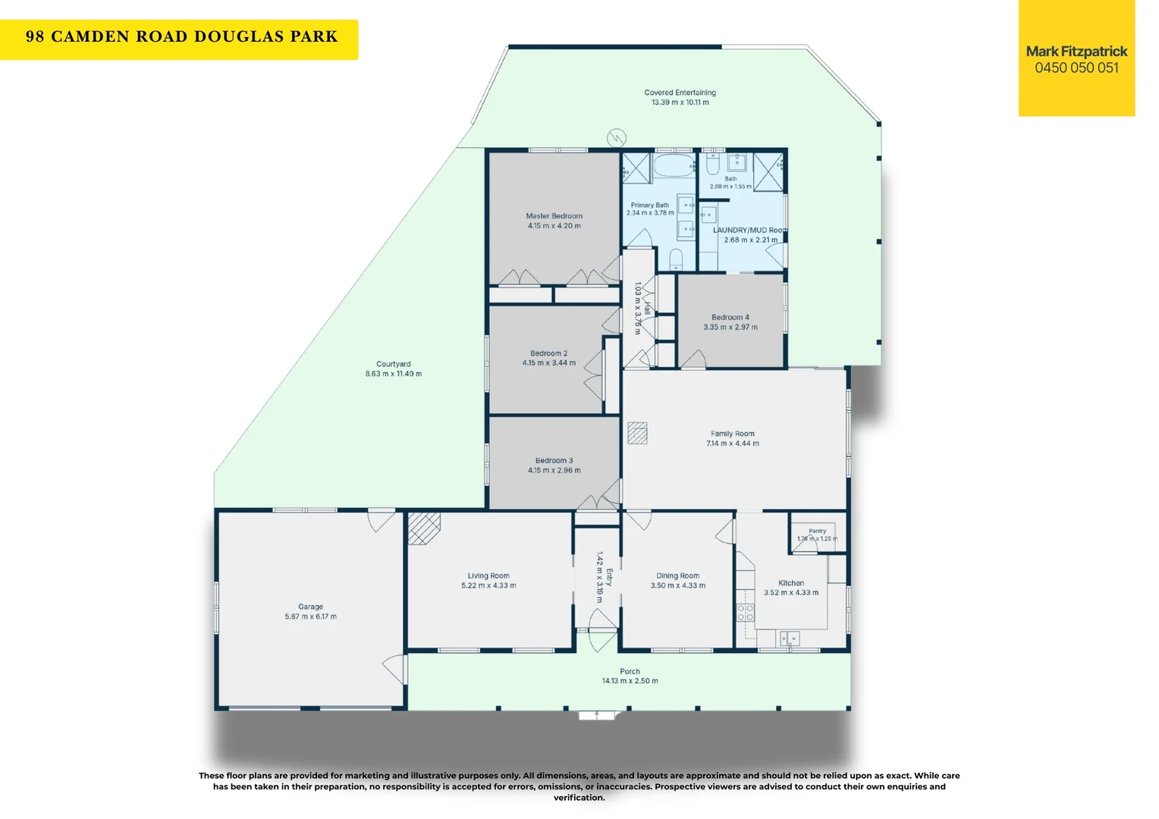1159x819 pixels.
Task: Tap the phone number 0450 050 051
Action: point(1076,67)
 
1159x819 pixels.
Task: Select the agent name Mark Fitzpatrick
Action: point(1076,52)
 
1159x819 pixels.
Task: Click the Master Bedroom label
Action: point(554,215)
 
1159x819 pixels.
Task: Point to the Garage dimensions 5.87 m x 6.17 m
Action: point(310,617)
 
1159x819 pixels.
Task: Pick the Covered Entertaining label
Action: point(680,93)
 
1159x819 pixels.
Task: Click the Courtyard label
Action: point(393,364)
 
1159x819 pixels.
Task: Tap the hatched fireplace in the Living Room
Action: point(424,529)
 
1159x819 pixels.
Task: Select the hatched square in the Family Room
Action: point(637,433)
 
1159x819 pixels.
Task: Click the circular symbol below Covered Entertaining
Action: point(617,137)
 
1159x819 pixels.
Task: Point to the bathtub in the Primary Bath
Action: point(674,165)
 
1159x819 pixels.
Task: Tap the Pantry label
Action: point(817,531)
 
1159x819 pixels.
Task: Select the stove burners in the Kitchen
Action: point(745,613)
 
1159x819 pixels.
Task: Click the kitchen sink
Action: point(790,639)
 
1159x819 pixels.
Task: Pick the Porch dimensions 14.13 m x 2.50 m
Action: point(630,681)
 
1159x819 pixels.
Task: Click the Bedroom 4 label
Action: point(730,317)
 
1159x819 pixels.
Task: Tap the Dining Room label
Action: point(678,576)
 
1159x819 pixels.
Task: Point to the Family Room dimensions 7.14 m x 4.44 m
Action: point(733,444)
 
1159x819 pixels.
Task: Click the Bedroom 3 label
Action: point(554,460)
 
